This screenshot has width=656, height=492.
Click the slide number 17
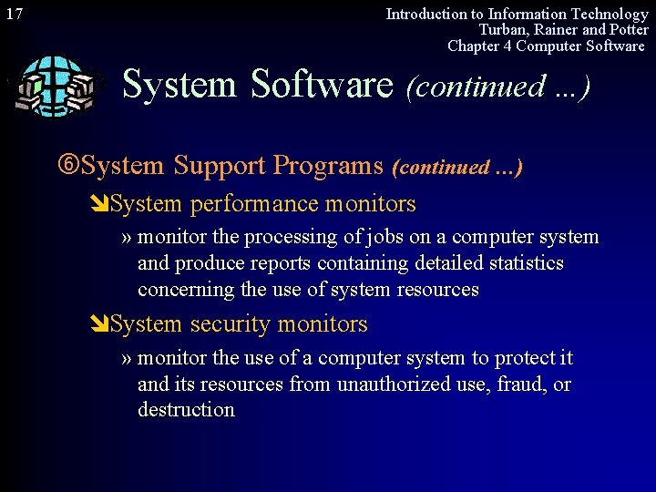14,14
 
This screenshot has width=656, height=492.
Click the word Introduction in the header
425,14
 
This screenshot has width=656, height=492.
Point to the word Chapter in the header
474,46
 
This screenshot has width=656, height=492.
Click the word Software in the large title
321,85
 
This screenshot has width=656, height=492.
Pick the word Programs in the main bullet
329,166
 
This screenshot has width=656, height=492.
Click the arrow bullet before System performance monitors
100,204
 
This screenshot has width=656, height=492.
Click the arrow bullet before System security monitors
100,324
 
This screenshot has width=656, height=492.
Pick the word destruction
186,410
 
